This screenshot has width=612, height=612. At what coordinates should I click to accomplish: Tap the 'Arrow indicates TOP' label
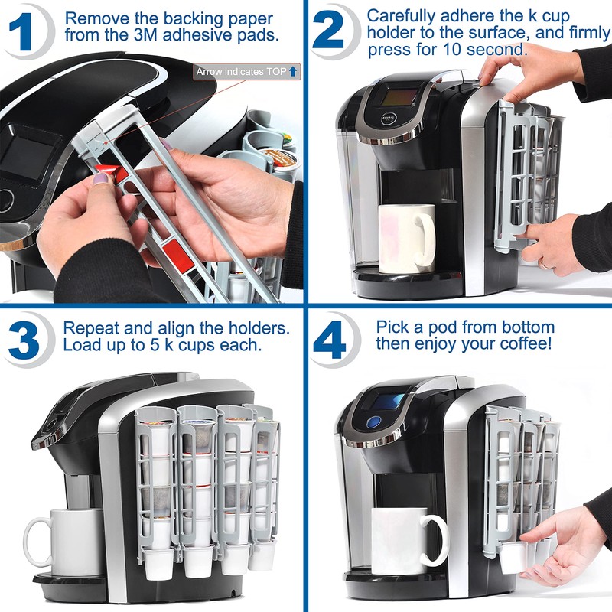pyautogui.click(x=247, y=72)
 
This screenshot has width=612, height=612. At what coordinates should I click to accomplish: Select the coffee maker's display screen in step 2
pyautogui.click(x=399, y=97)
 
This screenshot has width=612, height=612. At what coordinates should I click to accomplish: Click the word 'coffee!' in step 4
pyautogui.click(x=524, y=343)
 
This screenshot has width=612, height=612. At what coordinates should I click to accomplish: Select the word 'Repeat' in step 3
pyautogui.click(x=88, y=327)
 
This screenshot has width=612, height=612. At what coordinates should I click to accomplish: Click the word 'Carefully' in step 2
pyautogui.click(x=397, y=15)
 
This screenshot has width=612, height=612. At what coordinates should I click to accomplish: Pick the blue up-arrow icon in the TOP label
pyautogui.click(x=294, y=72)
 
